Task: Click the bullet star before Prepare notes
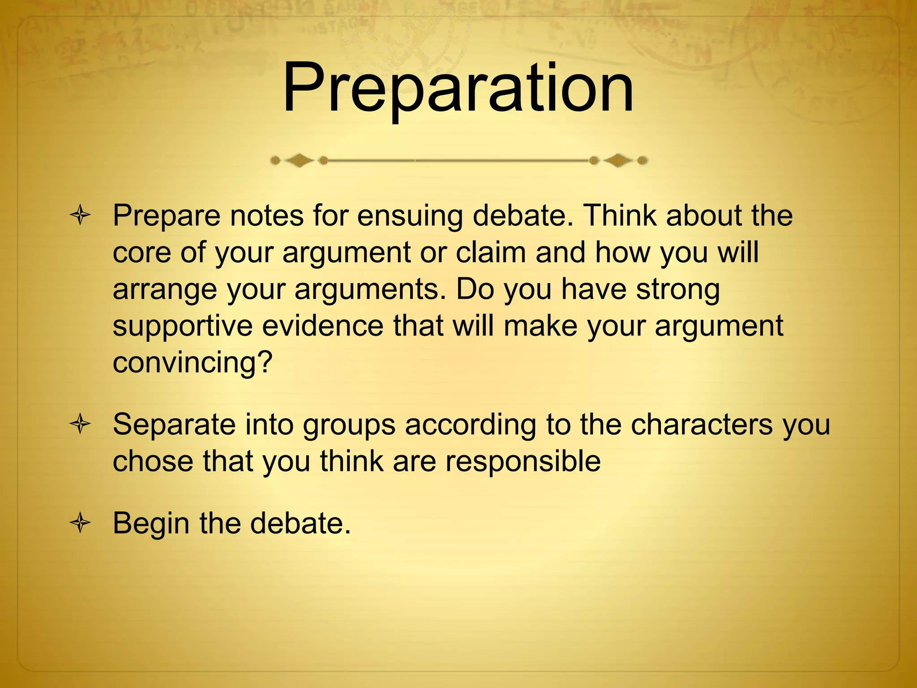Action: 81,216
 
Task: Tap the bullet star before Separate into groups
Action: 81,424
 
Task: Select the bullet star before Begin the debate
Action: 81,523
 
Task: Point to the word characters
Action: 702,424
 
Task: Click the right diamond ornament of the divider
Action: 618,160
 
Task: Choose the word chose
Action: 152,461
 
